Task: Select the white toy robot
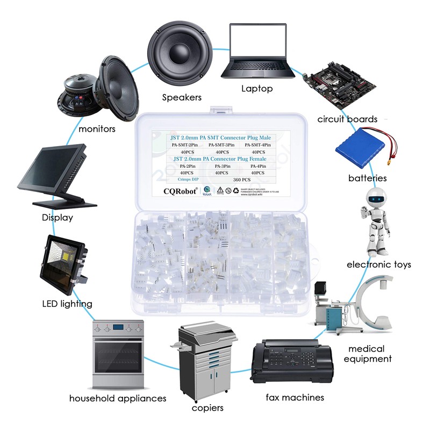tap(375, 220)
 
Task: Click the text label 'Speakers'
tap(182, 97)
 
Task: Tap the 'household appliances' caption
tap(118, 398)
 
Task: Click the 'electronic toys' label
tap(378, 264)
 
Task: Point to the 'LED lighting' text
tap(67, 304)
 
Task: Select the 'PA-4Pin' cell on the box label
tap(259, 167)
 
